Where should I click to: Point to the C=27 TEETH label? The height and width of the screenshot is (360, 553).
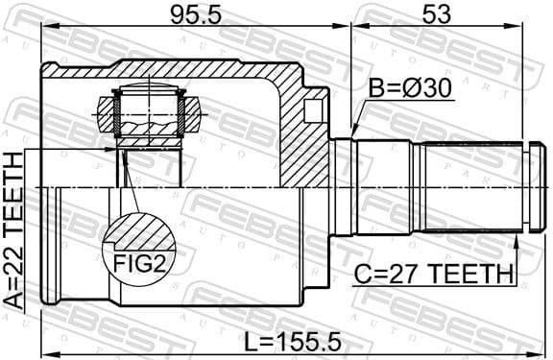click(432, 274)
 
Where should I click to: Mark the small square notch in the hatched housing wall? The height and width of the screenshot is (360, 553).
click(311, 110)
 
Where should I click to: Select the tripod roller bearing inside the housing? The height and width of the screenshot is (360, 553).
click(148, 113)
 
